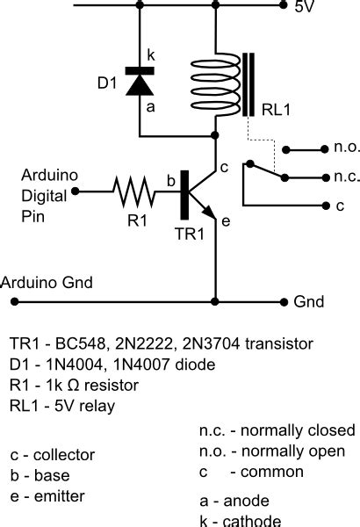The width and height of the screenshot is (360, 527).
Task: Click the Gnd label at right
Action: pos(309,302)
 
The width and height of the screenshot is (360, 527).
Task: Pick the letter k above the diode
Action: pos(150,54)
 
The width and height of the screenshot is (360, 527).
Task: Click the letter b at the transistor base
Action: pos(172,181)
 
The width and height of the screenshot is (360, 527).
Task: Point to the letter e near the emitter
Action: pos(225,222)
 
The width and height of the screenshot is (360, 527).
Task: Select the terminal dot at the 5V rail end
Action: pos(283,4)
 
